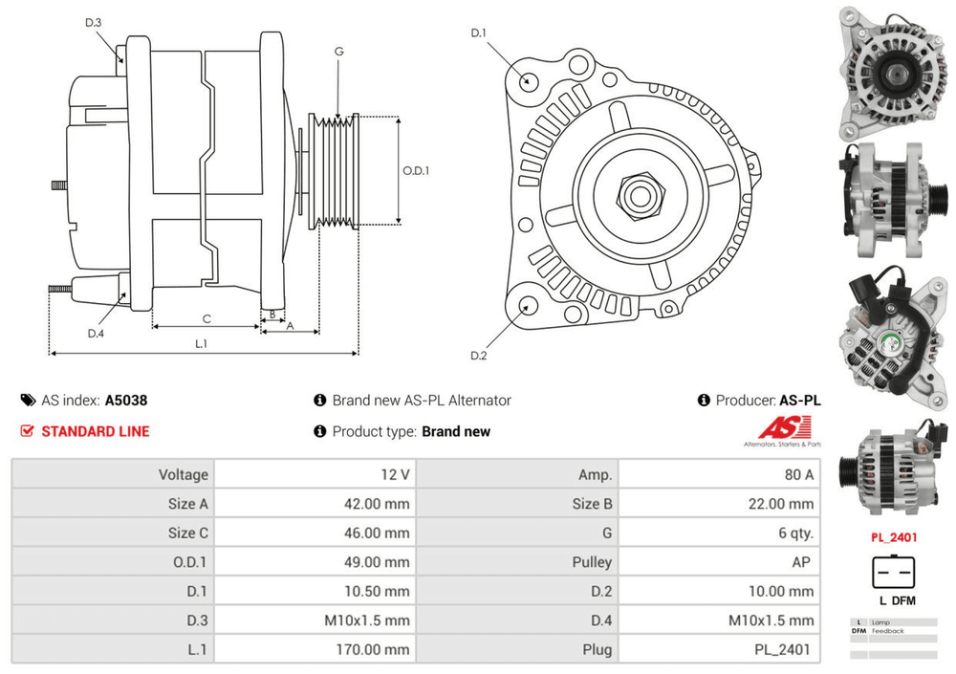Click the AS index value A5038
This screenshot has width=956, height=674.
[x=126, y=401]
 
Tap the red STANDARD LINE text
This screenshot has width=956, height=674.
[x=95, y=431]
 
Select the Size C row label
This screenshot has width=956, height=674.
[x=187, y=533]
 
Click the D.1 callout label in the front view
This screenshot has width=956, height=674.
[x=479, y=33]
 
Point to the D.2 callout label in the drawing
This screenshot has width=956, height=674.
[x=479, y=356]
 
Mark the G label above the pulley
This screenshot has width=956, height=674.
[x=338, y=52]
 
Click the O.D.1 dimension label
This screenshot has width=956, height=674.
[x=415, y=171]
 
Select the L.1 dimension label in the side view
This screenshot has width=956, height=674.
[x=202, y=343]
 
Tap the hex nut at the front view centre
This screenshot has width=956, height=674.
[x=637, y=195]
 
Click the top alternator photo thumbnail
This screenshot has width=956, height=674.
[x=892, y=69]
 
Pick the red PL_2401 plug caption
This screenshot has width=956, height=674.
[x=893, y=537]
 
